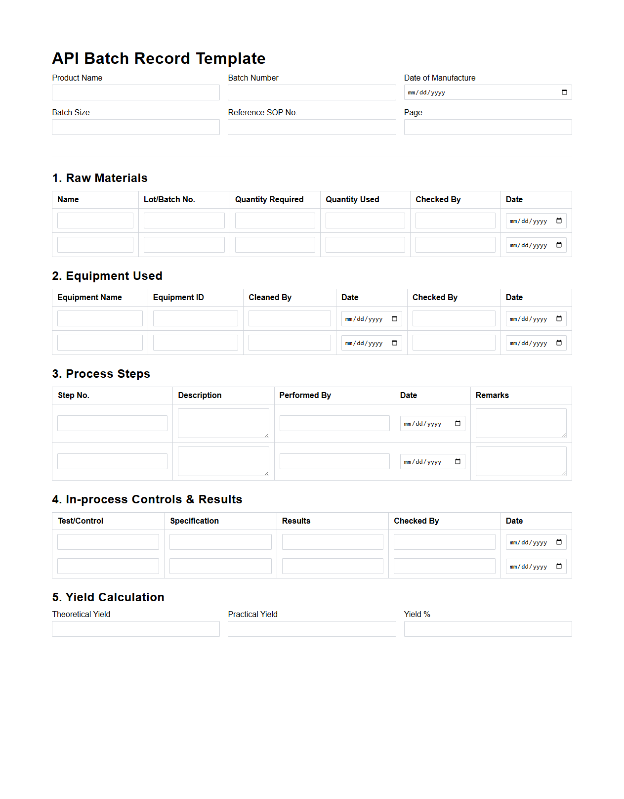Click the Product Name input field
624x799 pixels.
point(135,92)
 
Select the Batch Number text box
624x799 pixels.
point(311,92)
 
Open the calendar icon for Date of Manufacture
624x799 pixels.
point(564,92)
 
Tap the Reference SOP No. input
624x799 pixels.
point(311,127)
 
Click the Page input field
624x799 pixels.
point(487,127)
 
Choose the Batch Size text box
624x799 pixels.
point(135,127)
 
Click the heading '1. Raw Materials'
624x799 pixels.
point(100,178)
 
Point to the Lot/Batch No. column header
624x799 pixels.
point(169,200)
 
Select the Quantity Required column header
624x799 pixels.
point(269,200)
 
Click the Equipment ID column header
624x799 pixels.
point(178,298)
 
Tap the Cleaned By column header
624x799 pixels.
point(270,298)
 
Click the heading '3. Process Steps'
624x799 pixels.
point(101,374)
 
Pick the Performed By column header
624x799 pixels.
point(305,396)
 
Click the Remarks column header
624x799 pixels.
point(492,396)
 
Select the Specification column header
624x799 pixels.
point(194,521)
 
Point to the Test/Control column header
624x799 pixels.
point(81,521)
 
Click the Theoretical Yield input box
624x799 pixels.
point(135,629)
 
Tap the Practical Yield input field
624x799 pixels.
point(311,629)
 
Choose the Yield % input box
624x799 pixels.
point(487,629)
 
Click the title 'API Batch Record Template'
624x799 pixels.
point(159,58)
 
